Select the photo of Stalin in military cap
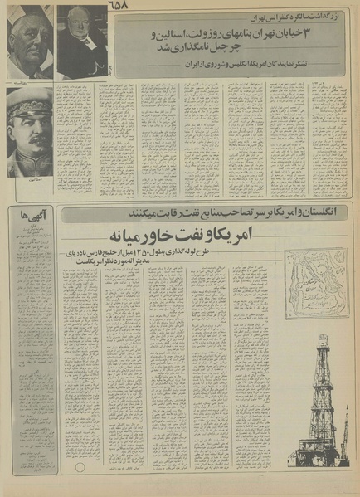pyautogui.click(x=30, y=133)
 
